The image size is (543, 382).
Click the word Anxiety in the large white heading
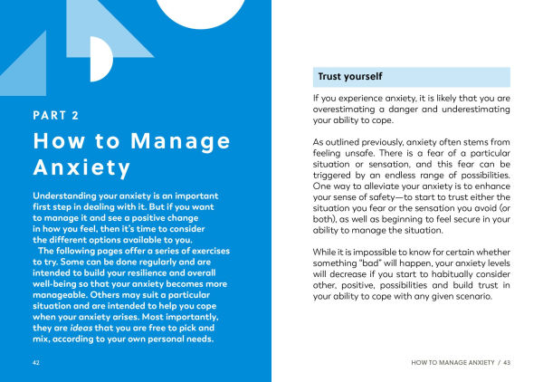click(x=82, y=168)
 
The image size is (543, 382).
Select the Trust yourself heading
click(x=350, y=76)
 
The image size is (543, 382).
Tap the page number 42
click(x=35, y=362)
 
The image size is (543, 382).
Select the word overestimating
click(x=350, y=109)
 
